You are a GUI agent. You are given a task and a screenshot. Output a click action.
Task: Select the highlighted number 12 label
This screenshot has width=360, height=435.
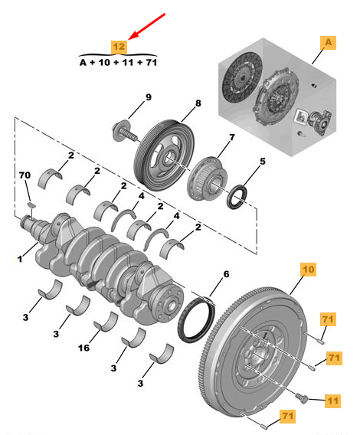tap(119, 45)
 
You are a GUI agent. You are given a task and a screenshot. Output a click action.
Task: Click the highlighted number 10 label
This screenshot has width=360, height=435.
tap(307, 270)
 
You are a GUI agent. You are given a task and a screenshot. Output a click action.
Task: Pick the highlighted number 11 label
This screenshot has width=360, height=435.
tap(332, 399)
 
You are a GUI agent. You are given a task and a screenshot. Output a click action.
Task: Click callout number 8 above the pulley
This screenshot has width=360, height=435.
tap(197, 103)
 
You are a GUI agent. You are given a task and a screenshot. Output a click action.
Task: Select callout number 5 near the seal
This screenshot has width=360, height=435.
tap(262, 162)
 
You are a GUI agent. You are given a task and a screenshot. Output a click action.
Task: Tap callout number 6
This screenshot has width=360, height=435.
tap(225, 273)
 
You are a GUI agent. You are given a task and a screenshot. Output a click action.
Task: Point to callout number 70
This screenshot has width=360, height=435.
tap(25, 176)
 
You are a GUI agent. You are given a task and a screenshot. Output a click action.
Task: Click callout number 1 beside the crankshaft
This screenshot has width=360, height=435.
tap(21, 259)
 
